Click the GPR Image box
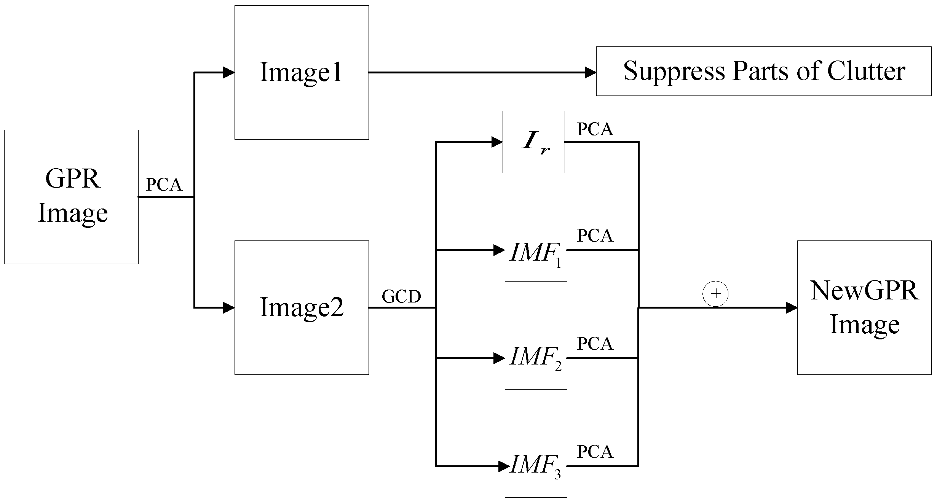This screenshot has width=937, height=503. tap(71, 197)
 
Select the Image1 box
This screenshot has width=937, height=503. tap(301, 72)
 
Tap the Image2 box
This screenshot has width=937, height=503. tap(301, 307)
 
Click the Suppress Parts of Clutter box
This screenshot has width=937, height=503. tap(763, 71)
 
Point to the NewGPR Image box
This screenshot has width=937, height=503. tap(864, 307)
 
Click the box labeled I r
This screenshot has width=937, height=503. tap(533, 142)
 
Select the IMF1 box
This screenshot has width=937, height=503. tap(536, 250)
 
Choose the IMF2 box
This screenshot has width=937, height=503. tap(536, 358)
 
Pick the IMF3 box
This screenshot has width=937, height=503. tap(536, 466)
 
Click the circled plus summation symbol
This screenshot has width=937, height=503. tap(715, 294)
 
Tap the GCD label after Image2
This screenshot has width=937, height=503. tap(401, 297)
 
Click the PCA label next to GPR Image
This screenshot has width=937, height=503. tap(164, 185)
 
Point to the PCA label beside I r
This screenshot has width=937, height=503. tap(595, 129)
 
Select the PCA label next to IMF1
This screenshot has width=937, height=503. tap(595, 236)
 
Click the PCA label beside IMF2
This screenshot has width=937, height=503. tap(595, 344)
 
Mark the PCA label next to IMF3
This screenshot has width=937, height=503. tap(595, 452)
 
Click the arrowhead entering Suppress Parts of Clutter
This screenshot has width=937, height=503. tap(591, 72)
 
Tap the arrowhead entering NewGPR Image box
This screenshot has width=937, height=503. tap(792, 307)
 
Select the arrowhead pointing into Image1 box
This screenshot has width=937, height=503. tap(229, 72)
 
